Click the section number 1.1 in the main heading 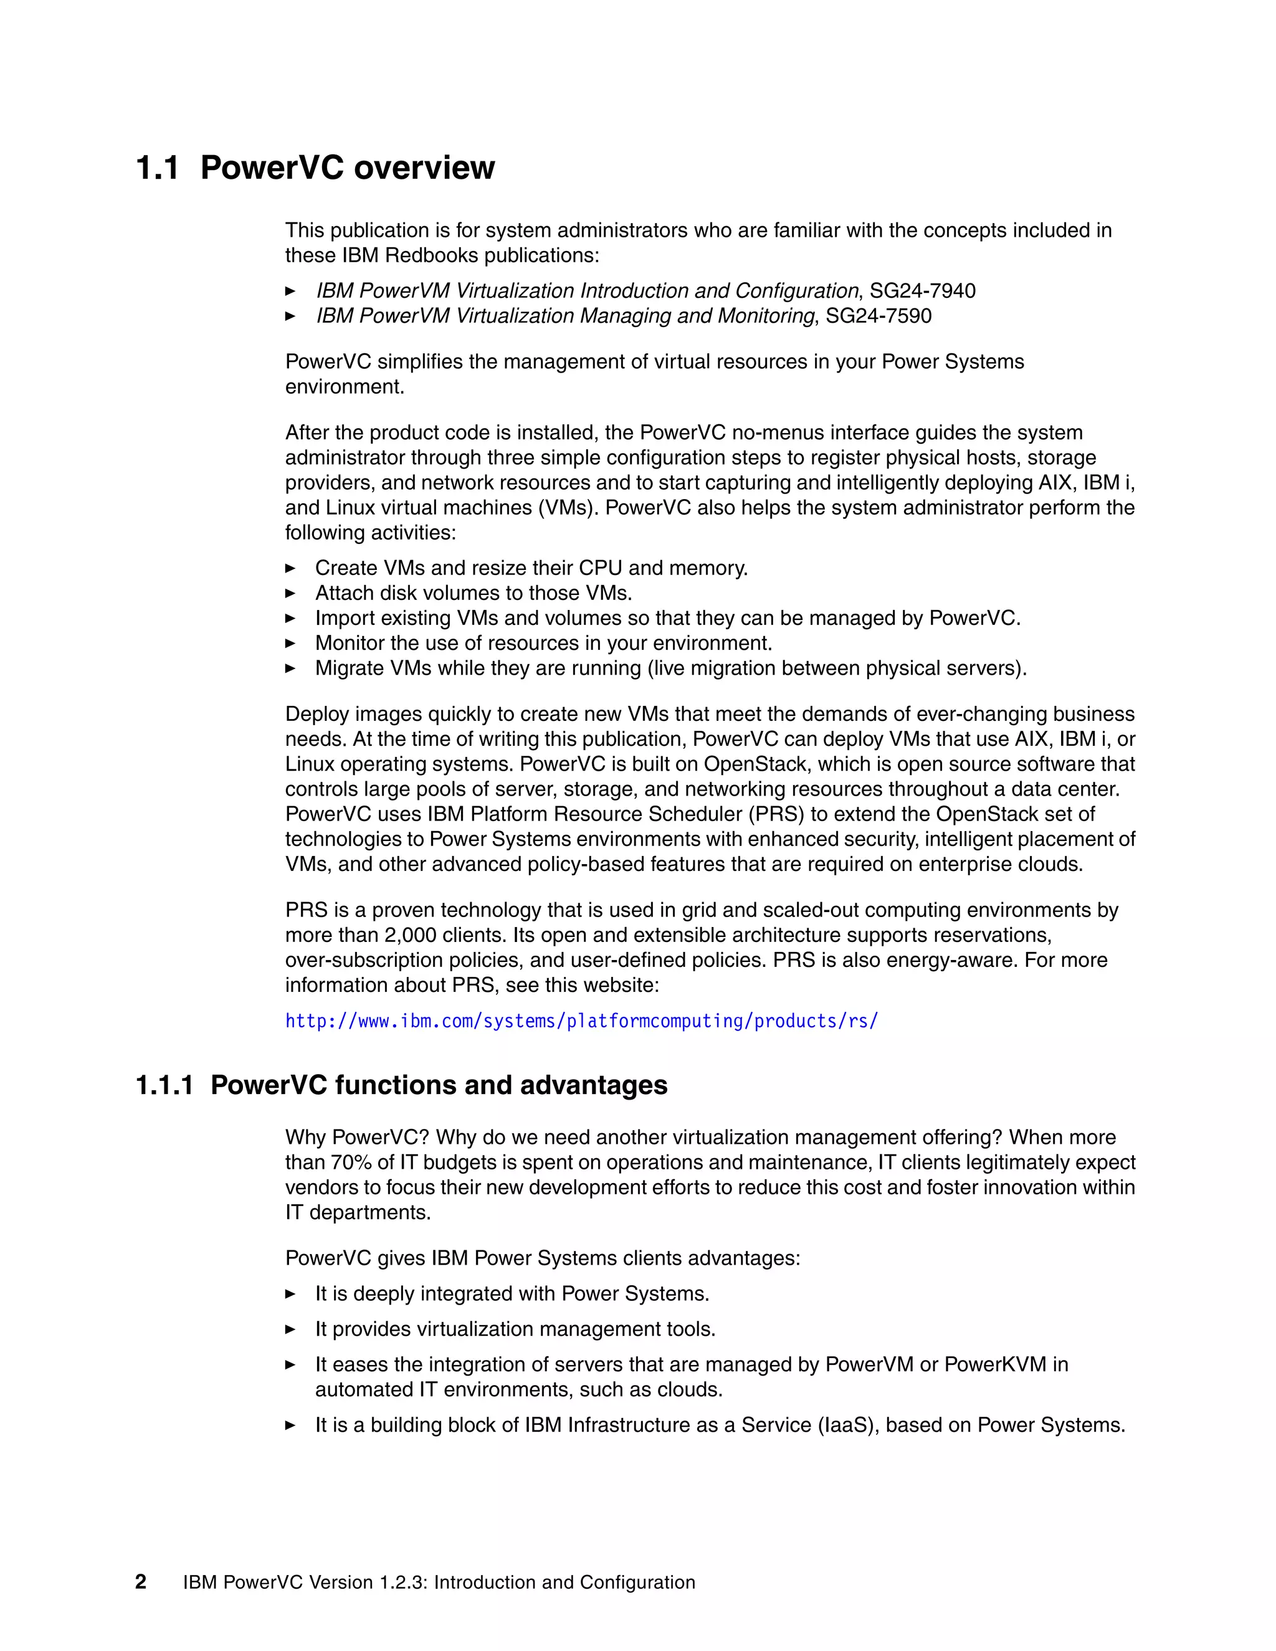(x=157, y=168)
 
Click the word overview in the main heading (x=424, y=168)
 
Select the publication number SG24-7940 (x=922, y=291)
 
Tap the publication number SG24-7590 (x=878, y=316)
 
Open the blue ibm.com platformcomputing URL (x=581, y=1021)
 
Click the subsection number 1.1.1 (x=164, y=1085)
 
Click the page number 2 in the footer (x=141, y=1582)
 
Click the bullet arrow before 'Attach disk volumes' (x=290, y=593)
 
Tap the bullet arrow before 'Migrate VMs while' (x=290, y=668)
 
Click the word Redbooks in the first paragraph (x=432, y=255)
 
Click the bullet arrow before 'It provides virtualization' (x=290, y=1329)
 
